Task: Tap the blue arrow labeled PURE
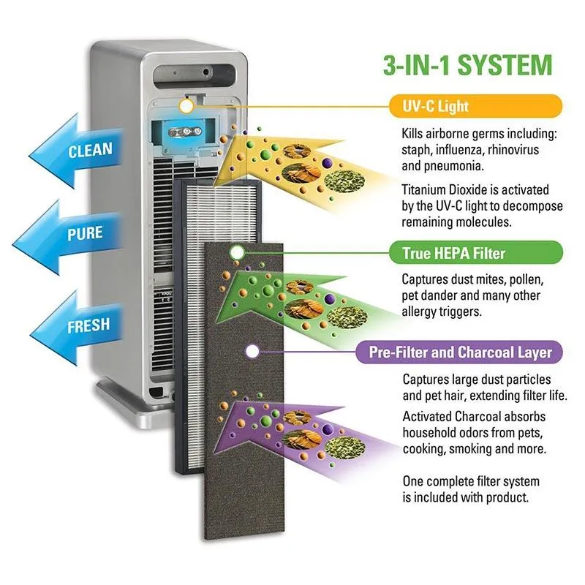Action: [71, 235]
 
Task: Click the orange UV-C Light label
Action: [475, 106]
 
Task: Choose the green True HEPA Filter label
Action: [476, 253]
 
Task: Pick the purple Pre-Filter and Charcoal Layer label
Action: [459, 352]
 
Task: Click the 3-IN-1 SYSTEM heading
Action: [468, 65]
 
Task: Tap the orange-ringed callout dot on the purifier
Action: [186, 107]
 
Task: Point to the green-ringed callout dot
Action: [237, 253]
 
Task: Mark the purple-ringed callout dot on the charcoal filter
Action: [252, 352]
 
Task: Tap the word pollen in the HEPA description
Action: [526, 279]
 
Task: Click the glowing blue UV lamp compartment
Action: [183, 133]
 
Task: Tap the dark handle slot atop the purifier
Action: [195, 77]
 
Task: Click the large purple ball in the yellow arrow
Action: [327, 162]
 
